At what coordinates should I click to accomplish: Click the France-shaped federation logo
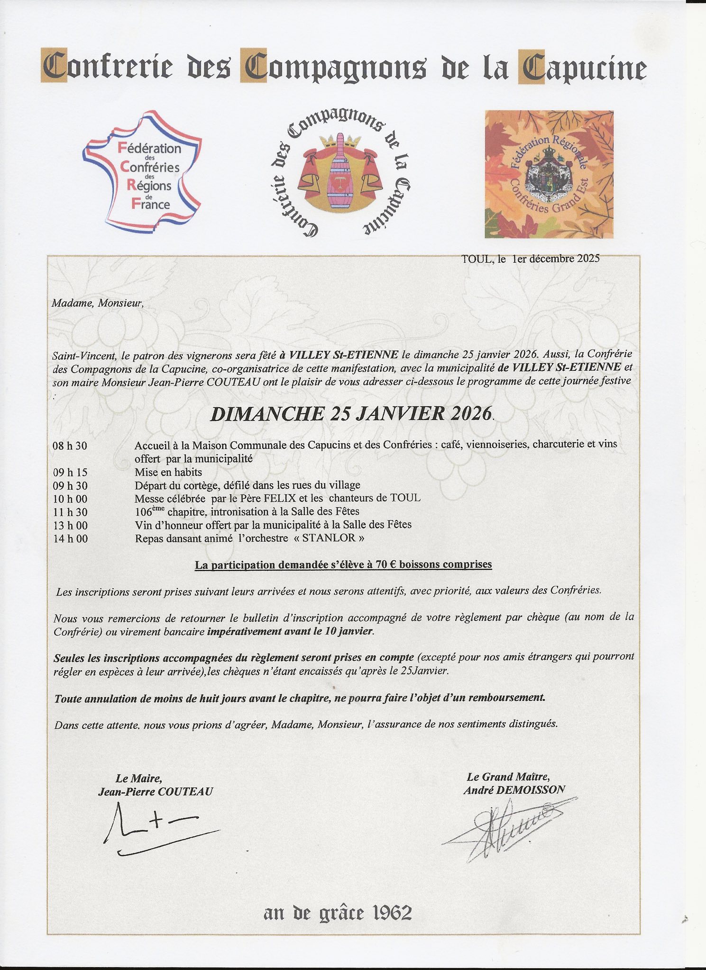point(142,172)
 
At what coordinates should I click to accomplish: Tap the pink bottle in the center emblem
point(339,175)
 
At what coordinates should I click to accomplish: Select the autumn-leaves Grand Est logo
point(549,174)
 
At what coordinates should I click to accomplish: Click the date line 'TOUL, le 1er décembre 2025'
point(530,259)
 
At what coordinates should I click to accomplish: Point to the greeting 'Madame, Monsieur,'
point(97,303)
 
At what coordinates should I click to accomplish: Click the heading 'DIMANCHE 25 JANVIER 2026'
point(351,414)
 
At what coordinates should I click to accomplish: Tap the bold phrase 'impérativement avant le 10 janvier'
point(290,631)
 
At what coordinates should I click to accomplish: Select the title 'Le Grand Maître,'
point(508,777)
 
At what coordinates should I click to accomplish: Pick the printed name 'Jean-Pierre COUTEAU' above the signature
point(156,791)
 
